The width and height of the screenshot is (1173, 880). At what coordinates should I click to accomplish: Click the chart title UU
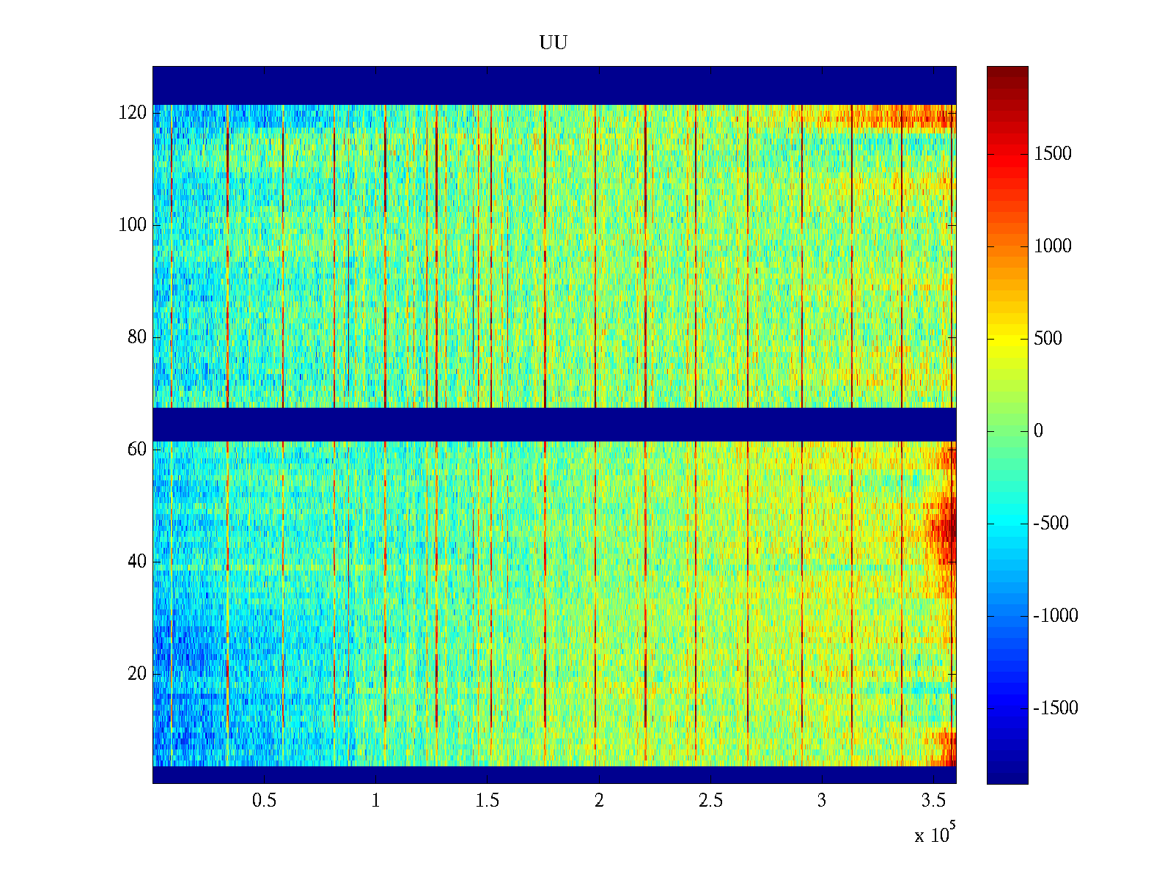554,43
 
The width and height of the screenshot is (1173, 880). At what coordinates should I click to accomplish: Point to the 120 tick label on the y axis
133,113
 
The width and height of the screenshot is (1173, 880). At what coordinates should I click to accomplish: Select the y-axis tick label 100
133,225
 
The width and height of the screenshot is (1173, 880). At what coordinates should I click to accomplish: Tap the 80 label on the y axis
137,337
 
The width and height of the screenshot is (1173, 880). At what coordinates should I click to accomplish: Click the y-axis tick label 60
137,450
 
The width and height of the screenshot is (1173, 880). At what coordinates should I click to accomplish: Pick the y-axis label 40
137,562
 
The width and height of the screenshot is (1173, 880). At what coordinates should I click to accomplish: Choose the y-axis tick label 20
137,674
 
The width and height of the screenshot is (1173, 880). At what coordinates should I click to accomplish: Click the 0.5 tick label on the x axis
265,801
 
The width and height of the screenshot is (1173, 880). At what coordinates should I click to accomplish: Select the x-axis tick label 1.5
488,801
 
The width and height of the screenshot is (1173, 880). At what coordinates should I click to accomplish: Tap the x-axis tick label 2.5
710,801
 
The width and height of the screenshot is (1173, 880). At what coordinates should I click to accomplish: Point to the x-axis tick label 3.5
933,801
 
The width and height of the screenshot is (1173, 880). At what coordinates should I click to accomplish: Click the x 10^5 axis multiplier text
935,835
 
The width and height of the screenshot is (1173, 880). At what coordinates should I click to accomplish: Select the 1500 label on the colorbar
1053,154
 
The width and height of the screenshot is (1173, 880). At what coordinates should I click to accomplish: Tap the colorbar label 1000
1053,246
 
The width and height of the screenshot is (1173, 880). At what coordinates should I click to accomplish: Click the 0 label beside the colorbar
1038,431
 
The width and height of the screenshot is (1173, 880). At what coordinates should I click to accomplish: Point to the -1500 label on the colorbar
1056,708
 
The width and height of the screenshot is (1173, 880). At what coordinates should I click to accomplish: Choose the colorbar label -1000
1056,616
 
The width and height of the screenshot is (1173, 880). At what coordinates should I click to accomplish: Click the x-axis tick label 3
822,801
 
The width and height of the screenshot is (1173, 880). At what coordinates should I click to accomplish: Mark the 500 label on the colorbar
1048,339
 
